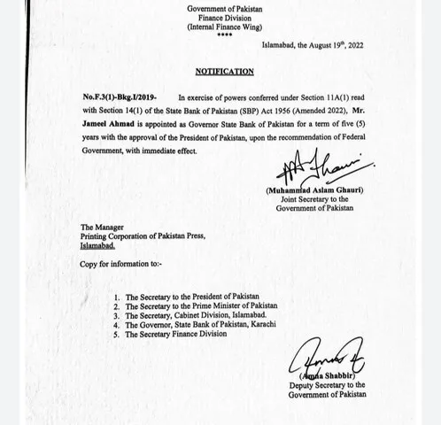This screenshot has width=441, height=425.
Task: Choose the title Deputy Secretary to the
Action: click(x=327, y=385)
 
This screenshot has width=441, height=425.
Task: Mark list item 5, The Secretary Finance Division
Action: click(x=178, y=335)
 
